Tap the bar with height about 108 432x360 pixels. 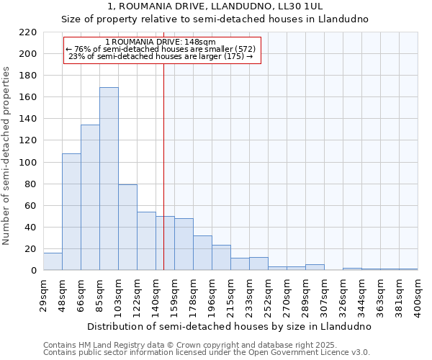click(71, 212)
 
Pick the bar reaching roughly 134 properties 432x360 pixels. click(90, 197)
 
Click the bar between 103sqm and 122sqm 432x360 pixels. click(127, 228)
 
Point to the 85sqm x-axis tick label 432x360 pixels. click(100, 294)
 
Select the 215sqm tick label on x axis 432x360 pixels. click(231, 295)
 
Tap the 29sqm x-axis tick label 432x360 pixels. click(44, 294)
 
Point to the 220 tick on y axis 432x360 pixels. click(28, 32)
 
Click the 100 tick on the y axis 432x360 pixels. click(28, 163)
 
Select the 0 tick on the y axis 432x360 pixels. click(34, 271)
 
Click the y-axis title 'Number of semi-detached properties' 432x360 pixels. click(7, 156)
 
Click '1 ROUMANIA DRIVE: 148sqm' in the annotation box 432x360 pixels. click(160, 42)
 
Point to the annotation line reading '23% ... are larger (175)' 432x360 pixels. click(160, 56)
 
